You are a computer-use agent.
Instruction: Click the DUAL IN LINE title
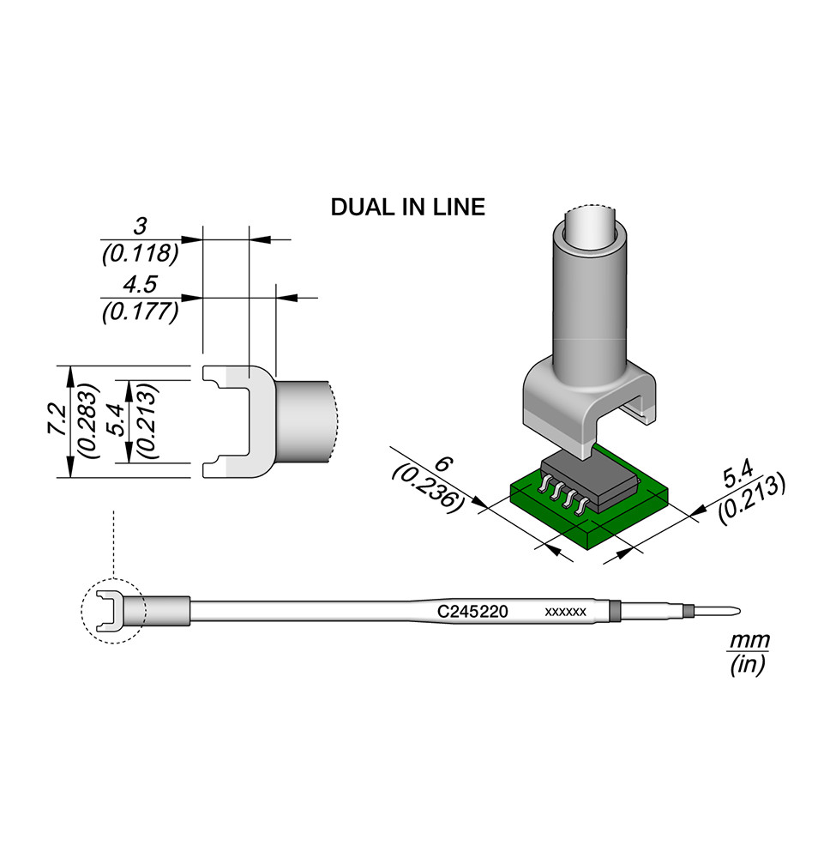407,207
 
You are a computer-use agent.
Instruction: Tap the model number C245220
473,612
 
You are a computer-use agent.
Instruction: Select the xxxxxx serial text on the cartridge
565,612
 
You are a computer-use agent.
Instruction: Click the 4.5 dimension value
140,285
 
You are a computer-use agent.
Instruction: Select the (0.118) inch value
140,253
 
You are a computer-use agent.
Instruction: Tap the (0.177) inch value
140,311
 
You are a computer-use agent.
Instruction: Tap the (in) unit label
747,664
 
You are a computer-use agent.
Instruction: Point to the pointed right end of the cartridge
736,612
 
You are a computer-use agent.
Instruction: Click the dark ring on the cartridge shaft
613,612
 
